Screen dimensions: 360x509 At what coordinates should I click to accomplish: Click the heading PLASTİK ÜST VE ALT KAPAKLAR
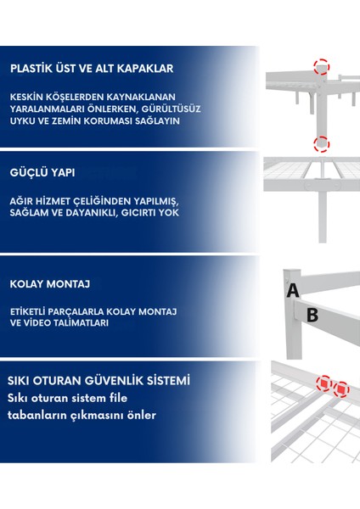92,68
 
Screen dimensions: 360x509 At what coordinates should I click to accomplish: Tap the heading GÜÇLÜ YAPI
42,172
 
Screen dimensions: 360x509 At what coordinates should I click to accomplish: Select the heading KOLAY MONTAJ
50,284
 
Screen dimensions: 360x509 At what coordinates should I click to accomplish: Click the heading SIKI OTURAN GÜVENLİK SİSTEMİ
98,380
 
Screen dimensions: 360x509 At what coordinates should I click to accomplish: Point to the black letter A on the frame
293,290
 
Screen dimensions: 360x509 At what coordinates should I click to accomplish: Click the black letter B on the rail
312,315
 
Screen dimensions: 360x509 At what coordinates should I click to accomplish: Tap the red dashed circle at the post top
321,67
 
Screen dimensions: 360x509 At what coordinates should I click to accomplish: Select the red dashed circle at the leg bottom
321,144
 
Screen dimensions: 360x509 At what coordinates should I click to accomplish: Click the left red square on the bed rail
324,383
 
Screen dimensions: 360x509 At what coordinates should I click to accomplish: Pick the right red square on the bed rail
341,389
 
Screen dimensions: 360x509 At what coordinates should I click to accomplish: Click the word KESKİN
26,97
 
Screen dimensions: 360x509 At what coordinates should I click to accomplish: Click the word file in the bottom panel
118,398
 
